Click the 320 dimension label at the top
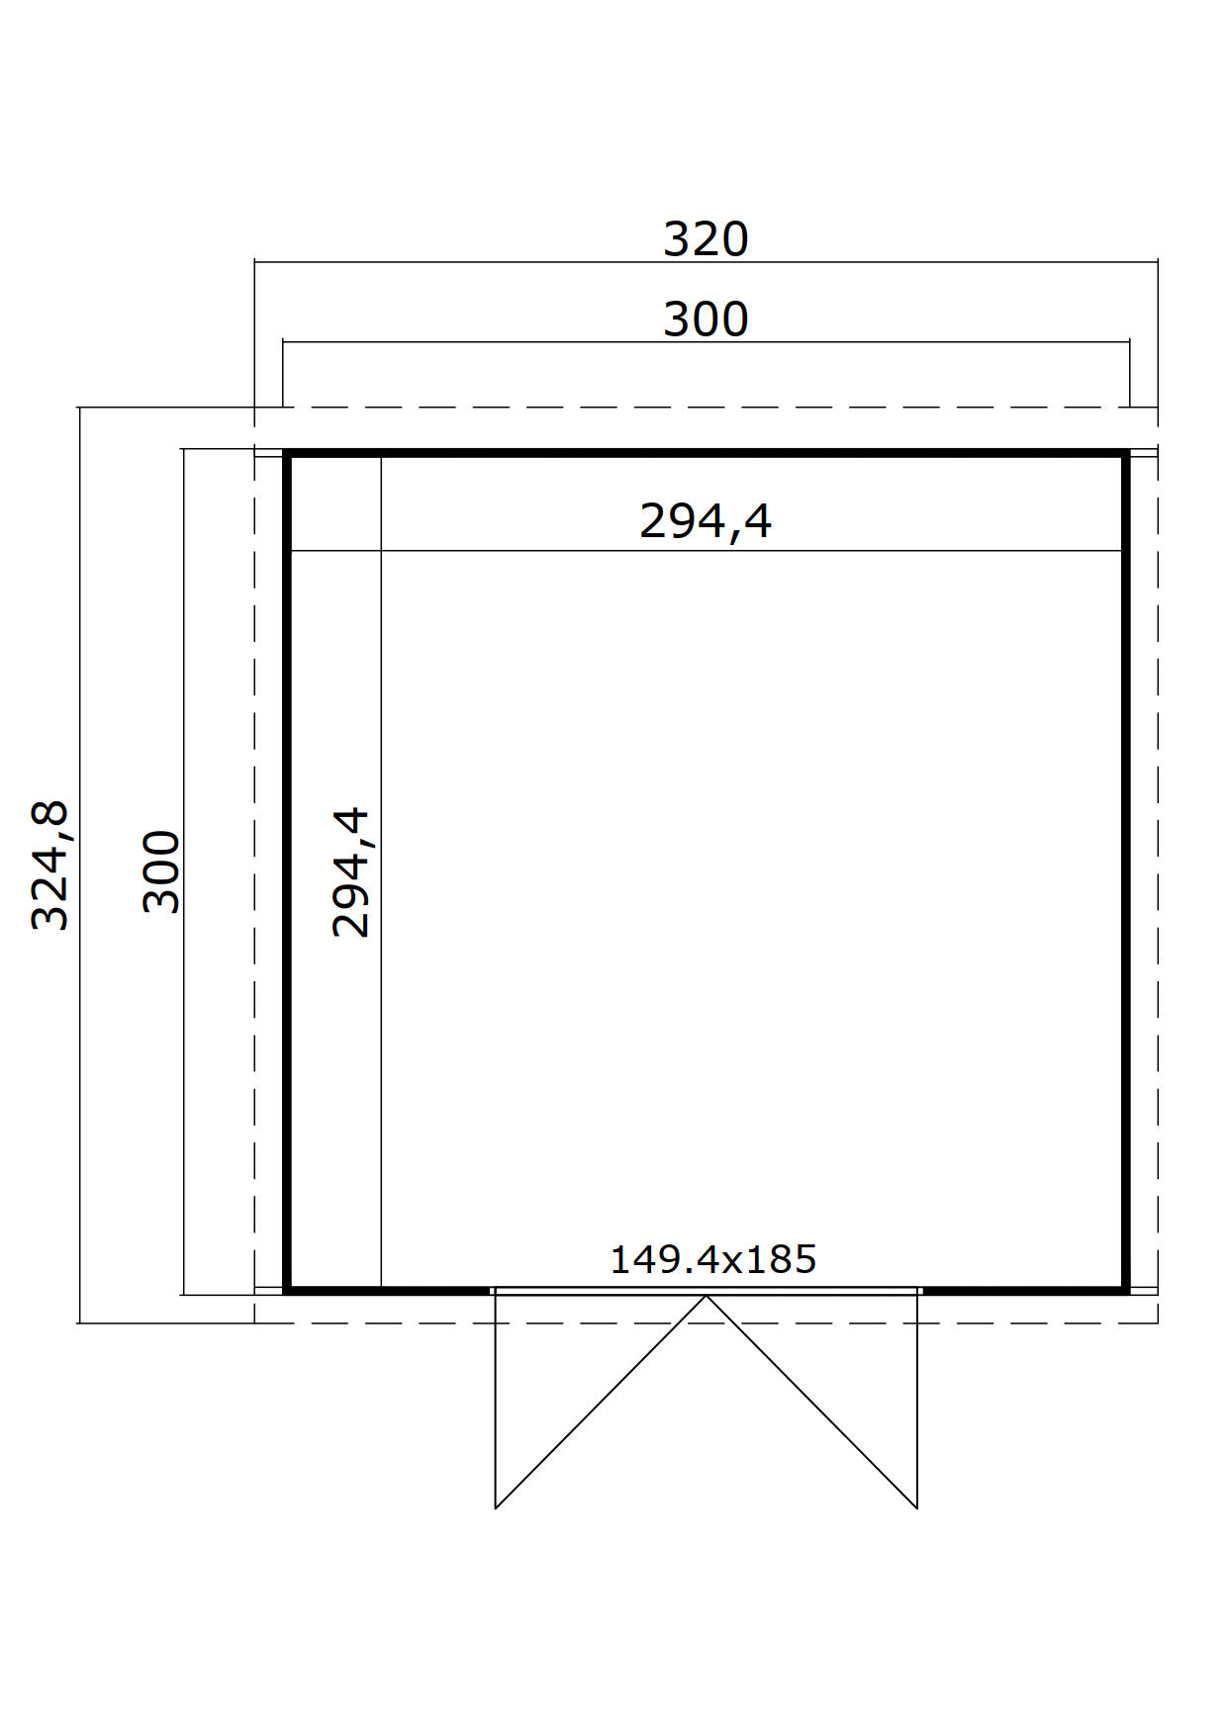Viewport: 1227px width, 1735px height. tap(706, 239)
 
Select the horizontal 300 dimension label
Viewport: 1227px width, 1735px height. tap(706, 320)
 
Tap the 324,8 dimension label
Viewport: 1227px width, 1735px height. tap(50, 865)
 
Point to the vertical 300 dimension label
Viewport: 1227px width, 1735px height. tap(162, 871)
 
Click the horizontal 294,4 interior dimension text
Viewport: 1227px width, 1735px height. tap(706, 521)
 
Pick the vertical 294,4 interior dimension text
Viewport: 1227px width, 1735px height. tap(351, 871)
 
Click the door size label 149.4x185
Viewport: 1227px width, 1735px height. tap(713, 1259)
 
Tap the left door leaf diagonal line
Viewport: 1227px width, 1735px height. tap(601, 1402)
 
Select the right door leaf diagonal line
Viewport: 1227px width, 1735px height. tap(811, 1402)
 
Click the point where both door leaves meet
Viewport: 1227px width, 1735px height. tap(707, 1296)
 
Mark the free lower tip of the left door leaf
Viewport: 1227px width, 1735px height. tap(496, 1508)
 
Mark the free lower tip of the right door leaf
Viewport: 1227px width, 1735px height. tap(917, 1508)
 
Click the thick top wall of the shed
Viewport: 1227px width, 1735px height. tap(706, 453)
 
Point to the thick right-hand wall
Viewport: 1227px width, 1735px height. tap(1126, 871)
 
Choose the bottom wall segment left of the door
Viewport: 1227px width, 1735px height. tap(387, 1291)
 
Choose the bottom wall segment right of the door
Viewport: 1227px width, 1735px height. tap(1025, 1291)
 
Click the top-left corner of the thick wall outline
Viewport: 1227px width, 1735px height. tap(286, 453)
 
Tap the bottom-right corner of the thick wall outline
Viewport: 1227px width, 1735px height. tap(1126, 1291)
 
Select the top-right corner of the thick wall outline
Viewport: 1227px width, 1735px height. tap(1126, 453)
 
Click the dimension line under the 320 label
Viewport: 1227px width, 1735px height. tap(706, 262)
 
